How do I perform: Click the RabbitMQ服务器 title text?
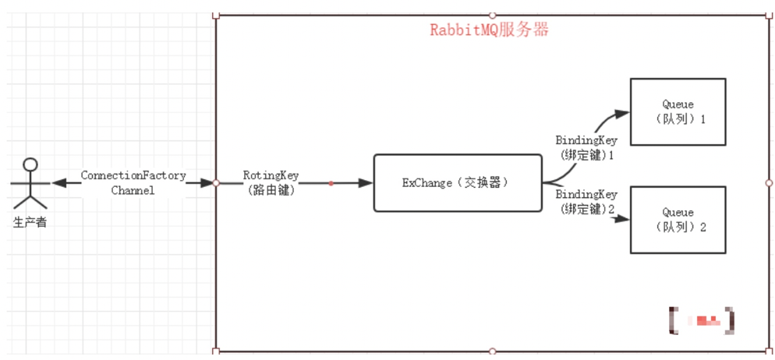[490, 30]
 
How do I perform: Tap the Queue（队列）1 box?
[678, 111]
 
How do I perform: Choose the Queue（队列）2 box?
[678, 219]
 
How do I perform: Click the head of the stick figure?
[30, 164]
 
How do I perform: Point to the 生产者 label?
[30, 223]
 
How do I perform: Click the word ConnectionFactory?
[133, 175]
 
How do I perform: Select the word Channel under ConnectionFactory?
[133, 189]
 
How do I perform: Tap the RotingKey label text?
[271, 175]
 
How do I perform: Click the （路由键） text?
[271, 189]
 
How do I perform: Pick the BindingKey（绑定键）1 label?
[586, 147]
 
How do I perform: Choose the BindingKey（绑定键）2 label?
[586, 202]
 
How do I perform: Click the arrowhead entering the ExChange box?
[366, 183]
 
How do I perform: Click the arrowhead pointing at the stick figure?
[58, 183]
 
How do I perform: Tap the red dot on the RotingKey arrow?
[331, 183]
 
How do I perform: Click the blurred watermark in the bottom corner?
[702, 319]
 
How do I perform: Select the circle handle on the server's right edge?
[769, 183]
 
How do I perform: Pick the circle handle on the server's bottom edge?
[492, 351]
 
